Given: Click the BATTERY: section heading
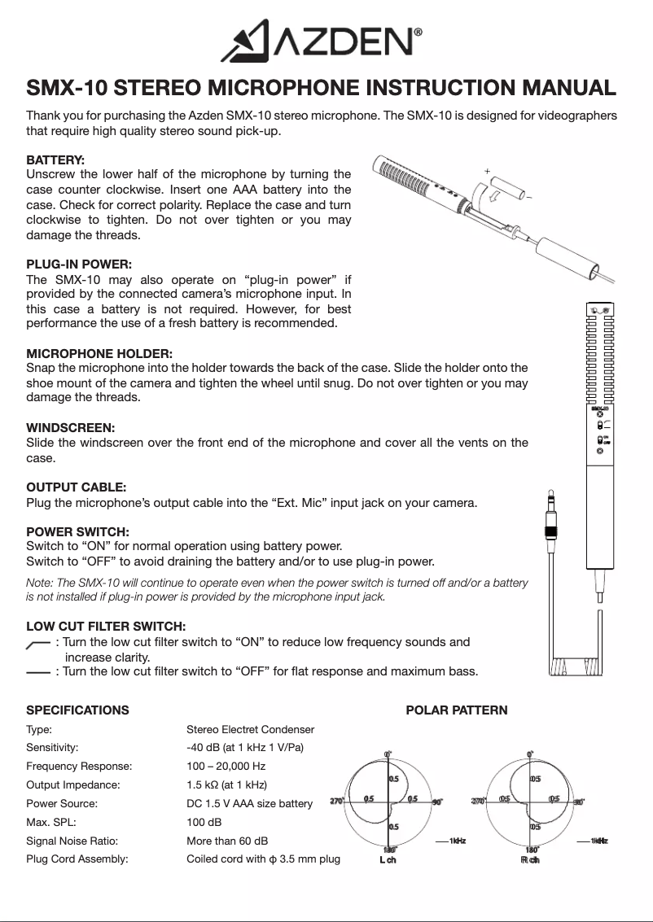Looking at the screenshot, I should tap(55, 160).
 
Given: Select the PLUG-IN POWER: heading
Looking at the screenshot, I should tap(78, 264).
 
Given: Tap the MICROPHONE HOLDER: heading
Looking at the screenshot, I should tap(99, 354).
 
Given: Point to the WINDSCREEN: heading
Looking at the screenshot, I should tap(70, 428).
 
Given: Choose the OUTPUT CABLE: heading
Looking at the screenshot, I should tap(76, 487).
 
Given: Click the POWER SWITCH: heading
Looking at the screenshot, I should tap(77, 532).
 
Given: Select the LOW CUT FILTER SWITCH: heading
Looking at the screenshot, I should tap(106, 627).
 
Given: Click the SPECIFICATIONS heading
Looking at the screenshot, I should tap(77, 710).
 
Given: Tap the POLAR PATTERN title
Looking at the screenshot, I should tap(456, 710).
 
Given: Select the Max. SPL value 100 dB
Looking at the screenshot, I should tap(204, 822).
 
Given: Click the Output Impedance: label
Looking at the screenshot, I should tap(72, 784).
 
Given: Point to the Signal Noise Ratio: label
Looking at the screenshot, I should tap(72, 841).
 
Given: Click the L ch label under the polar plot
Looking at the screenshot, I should tap(388, 861).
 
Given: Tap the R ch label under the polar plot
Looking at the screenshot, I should tap(530, 861).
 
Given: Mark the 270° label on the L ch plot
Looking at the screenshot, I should tap(336, 802).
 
